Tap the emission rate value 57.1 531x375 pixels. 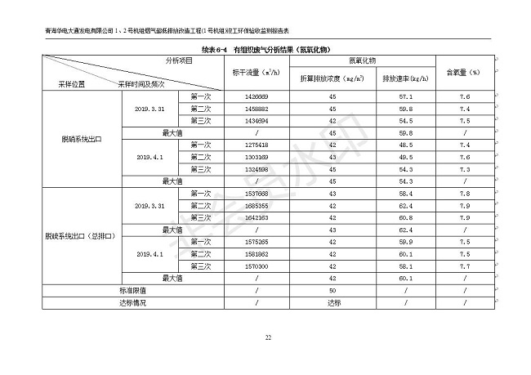coord(406,96)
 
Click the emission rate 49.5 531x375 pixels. coord(406,157)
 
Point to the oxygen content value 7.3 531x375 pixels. coord(464,169)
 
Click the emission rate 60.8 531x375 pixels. coord(406,218)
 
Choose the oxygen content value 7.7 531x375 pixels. coord(464,266)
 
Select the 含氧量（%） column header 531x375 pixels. coord(463,72)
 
